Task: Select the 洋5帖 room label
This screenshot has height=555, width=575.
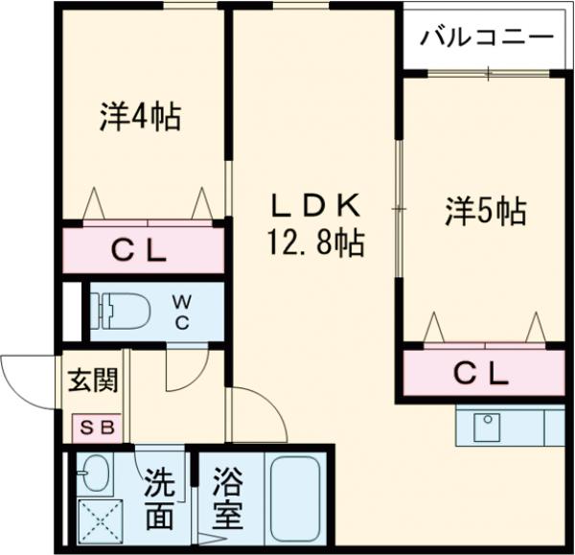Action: (x=485, y=210)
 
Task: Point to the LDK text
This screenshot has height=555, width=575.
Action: (x=312, y=204)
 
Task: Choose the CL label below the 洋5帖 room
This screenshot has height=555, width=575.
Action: (x=480, y=375)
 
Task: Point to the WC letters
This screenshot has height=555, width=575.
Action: (x=181, y=312)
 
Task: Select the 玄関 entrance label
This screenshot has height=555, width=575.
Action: (x=93, y=381)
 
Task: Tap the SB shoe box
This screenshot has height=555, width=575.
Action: (x=95, y=428)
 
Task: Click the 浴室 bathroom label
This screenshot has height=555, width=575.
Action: (x=226, y=499)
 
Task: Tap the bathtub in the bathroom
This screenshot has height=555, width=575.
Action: (x=294, y=498)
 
